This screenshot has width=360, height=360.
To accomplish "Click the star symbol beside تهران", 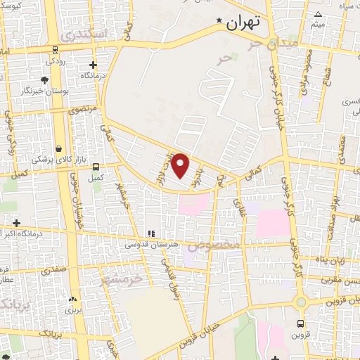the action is pyautogui.click(x=220, y=21).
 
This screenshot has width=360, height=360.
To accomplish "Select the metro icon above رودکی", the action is pyautogui.click(x=55, y=49).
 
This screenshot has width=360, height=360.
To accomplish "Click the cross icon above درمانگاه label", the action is pyautogui.click(x=93, y=65).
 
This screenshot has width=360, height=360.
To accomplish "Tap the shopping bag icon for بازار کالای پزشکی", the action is pyautogui.click(x=58, y=149).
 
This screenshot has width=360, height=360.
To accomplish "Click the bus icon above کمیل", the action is pyautogui.click(x=96, y=167).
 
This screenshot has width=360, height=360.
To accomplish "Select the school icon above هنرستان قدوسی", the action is pyautogui.click(x=150, y=233).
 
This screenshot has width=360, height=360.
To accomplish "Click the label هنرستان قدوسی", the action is pyautogui.click(x=148, y=245).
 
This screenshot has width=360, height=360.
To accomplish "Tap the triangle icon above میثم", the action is pyautogui.click(x=318, y=15).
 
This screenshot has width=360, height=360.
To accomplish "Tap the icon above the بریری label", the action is pyautogui.click(x=71, y=298).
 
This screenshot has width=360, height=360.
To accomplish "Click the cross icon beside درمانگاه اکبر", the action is pyautogui.click(x=16, y=223).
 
